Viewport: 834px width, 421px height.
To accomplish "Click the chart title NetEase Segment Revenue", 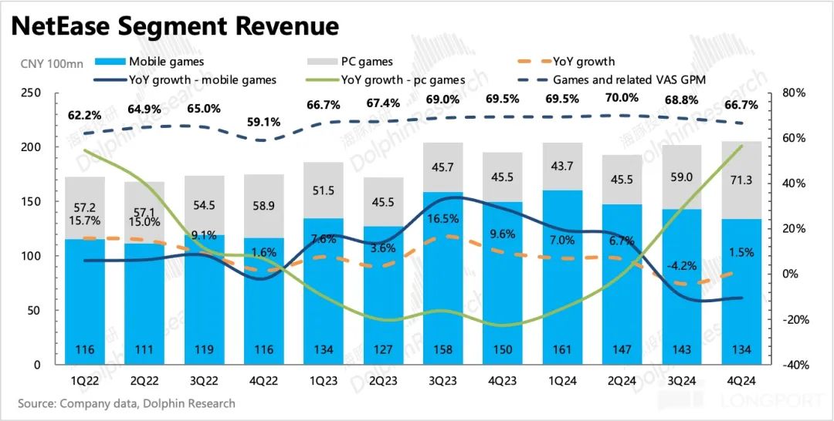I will point(175,27).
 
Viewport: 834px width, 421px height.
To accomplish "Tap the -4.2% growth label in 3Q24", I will point(680,266).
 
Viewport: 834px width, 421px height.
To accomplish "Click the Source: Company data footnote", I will point(127,403).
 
